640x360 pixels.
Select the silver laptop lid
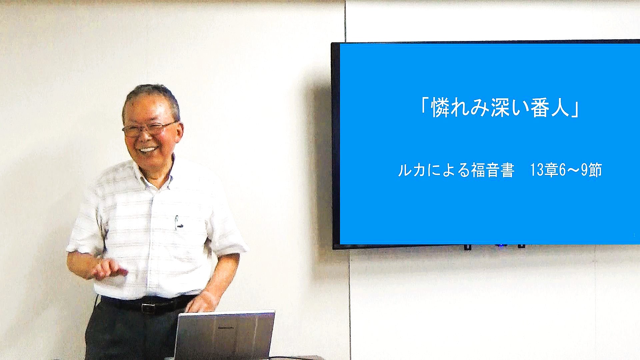click(x=224, y=335)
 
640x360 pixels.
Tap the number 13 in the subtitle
click(x=537, y=170)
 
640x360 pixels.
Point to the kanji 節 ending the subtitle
click(x=595, y=170)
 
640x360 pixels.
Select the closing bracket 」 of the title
click(x=576, y=110)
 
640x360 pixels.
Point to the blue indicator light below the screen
click(x=500, y=246)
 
